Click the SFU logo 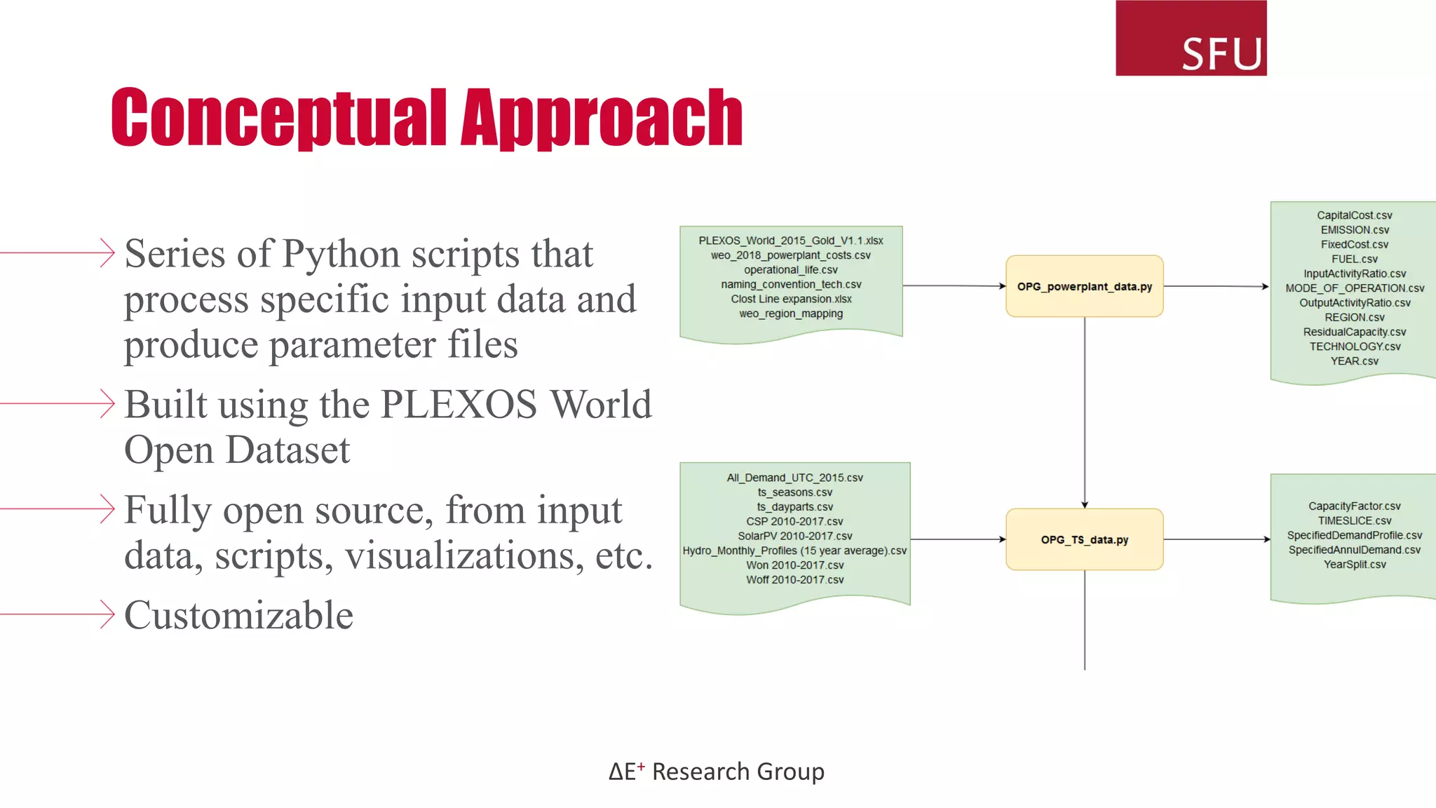point(1191,39)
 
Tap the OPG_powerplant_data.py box point(1084,286)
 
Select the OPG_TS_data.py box point(1084,539)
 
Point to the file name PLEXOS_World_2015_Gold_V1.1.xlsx point(790,241)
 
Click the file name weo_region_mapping point(790,314)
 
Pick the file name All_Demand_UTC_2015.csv point(794,478)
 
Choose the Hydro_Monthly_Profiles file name point(794,551)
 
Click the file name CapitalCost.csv point(1354,215)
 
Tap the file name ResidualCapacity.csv point(1354,332)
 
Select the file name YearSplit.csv point(1354,565)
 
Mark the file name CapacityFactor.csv point(1354,506)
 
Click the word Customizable point(238,615)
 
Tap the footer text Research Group point(738,772)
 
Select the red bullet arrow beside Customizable point(105,614)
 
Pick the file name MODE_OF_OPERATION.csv point(1354,288)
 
